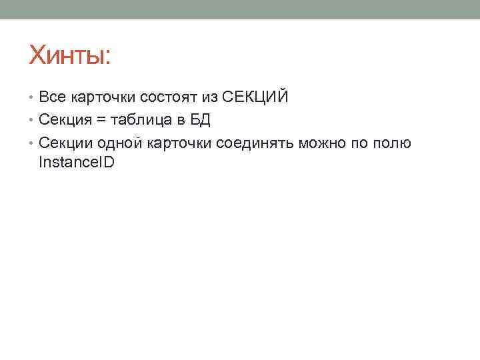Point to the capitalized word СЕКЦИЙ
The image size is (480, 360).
pos(255,97)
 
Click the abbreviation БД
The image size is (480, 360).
pos(200,120)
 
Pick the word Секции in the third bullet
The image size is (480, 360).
pos(66,143)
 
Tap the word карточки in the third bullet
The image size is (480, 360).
pos(179,143)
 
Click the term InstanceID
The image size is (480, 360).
pos(77,162)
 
